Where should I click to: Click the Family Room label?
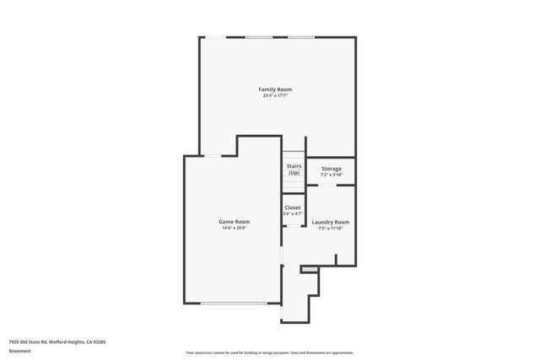(275, 89)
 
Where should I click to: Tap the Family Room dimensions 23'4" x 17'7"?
(275, 95)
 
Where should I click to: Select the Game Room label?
(235, 222)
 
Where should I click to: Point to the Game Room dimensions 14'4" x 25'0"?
(235, 228)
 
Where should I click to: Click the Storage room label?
(331, 169)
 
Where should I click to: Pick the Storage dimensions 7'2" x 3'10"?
(331, 175)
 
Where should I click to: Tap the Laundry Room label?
(330, 222)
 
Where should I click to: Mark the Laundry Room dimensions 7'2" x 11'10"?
(330, 228)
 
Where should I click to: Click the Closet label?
(293, 207)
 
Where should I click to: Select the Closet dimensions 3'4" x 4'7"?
(293, 213)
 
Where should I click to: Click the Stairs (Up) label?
(294, 169)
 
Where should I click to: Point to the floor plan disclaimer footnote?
(269, 352)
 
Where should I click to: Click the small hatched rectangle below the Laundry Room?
(310, 270)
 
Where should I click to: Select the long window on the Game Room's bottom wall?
(233, 303)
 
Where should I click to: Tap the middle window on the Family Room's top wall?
(259, 37)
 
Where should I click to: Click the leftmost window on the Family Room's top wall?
(217, 37)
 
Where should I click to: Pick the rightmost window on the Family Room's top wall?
(301, 37)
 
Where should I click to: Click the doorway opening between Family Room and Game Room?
(214, 156)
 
